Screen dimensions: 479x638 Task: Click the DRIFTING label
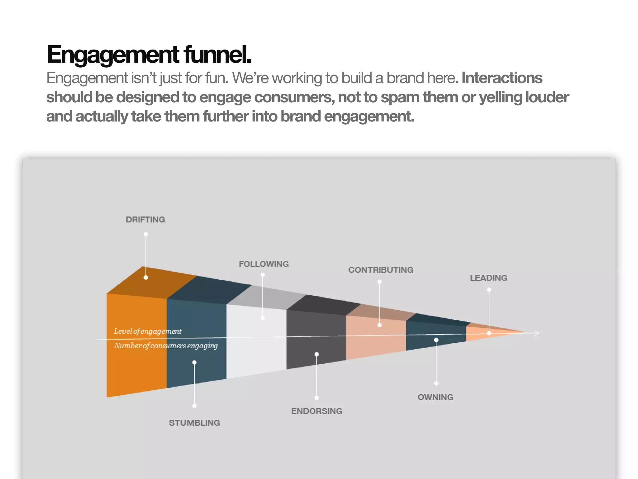[x=145, y=220]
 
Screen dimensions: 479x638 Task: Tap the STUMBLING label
[x=194, y=423]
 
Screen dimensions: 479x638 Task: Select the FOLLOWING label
[x=264, y=264]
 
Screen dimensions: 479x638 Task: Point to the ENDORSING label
[x=317, y=411]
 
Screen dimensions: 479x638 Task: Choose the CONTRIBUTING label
[x=381, y=270]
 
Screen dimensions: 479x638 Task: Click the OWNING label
[x=435, y=397]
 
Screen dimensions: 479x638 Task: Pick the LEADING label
[x=488, y=278]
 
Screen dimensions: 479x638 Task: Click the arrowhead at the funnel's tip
[x=536, y=333]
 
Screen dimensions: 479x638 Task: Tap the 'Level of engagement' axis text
[x=147, y=331]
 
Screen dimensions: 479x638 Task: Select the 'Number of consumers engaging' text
[x=166, y=346]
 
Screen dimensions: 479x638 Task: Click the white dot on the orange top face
[x=146, y=278]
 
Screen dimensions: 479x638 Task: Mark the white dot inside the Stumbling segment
[x=194, y=362]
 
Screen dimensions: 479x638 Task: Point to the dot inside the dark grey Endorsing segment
[x=317, y=354]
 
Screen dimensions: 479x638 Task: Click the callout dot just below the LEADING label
[x=489, y=290]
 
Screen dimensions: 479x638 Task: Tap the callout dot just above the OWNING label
[x=436, y=383]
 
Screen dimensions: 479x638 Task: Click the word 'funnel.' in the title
[x=217, y=54]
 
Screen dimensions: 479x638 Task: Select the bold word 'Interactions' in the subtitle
[x=502, y=78]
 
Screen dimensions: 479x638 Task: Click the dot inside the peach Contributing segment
[x=379, y=325]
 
